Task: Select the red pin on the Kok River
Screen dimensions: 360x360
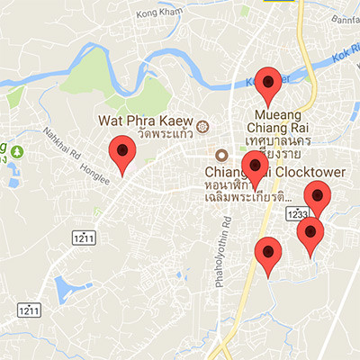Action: click(267, 84)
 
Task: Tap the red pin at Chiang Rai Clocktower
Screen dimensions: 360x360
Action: click(256, 167)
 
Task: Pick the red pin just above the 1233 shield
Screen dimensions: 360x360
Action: click(316, 197)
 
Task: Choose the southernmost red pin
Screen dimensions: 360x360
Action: click(267, 255)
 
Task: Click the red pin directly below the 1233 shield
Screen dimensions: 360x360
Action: click(310, 236)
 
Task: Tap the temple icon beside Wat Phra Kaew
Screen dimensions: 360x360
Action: click(202, 125)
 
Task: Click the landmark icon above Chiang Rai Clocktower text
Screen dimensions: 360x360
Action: click(220, 152)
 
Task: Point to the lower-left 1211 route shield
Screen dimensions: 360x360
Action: click(31, 310)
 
